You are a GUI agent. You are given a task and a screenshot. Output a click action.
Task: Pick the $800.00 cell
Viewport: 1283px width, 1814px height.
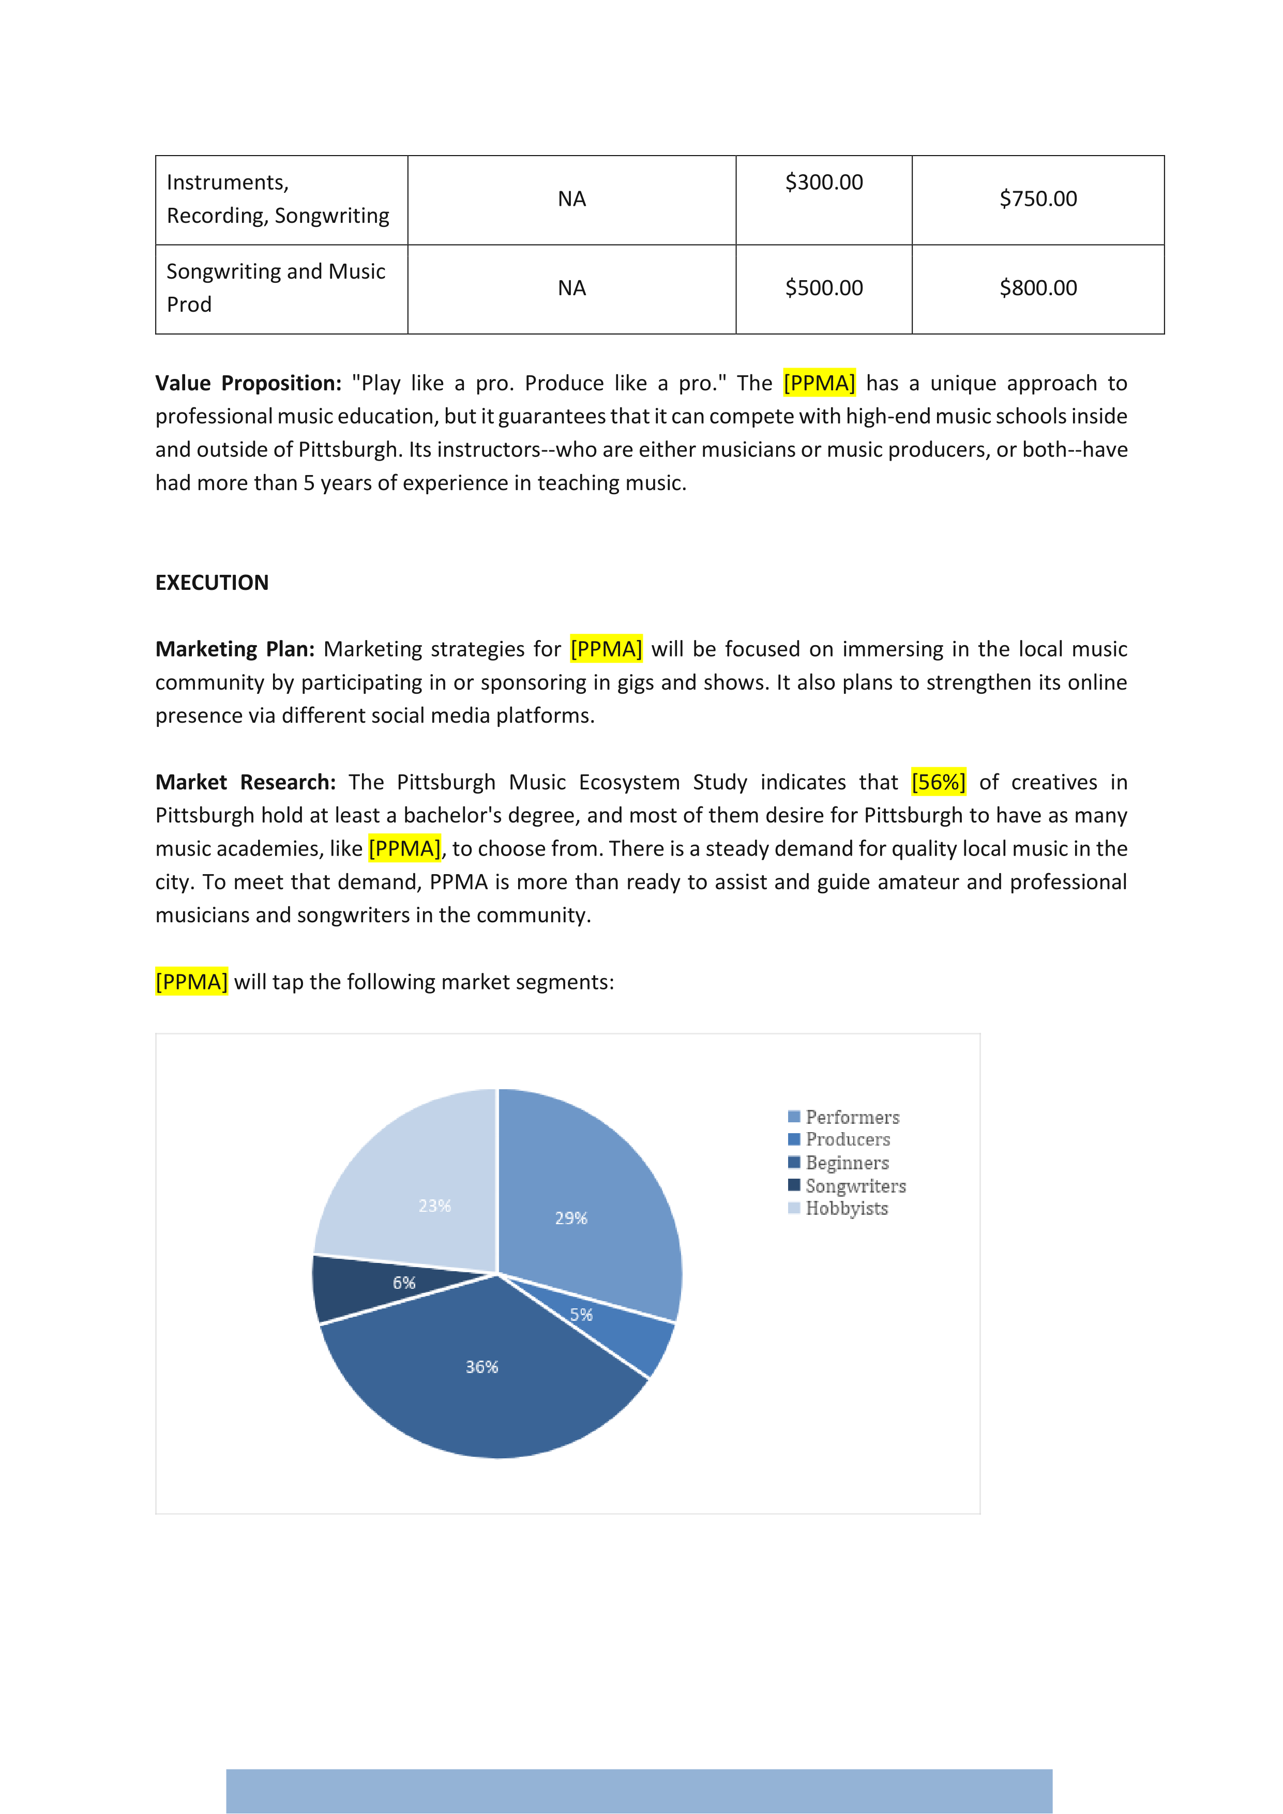(1037, 288)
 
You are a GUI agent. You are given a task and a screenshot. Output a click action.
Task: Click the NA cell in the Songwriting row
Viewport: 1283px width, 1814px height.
(571, 288)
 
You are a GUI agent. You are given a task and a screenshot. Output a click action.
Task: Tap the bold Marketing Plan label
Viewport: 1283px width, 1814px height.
(235, 649)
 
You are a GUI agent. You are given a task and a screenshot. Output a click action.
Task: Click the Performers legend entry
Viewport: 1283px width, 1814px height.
(851, 1117)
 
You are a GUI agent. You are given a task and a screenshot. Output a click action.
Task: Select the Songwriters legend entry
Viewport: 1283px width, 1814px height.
(854, 1186)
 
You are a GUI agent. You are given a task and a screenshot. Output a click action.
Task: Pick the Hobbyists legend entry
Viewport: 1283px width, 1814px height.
(846, 1209)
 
